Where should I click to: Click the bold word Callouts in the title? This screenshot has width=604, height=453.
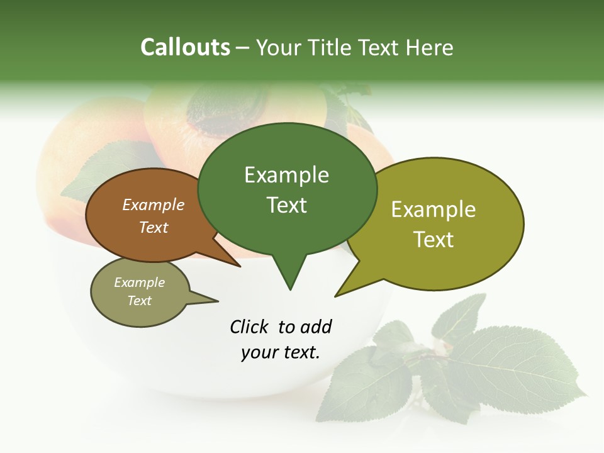[185, 47]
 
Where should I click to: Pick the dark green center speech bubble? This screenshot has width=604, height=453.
[287, 189]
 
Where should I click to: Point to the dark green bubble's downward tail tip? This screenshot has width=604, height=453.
[289, 289]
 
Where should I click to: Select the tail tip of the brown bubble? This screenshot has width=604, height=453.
[240, 266]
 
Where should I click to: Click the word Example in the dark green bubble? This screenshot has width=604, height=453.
[286, 175]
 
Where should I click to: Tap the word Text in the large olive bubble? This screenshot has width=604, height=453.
[434, 240]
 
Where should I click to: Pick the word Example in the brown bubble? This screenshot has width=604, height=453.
[154, 205]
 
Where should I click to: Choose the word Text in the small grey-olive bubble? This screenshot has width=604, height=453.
[140, 301]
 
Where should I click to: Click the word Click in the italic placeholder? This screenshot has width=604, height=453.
[249, 327]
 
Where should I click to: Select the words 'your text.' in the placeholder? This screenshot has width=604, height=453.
[280, 352]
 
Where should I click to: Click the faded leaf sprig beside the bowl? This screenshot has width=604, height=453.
[459, 365]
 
